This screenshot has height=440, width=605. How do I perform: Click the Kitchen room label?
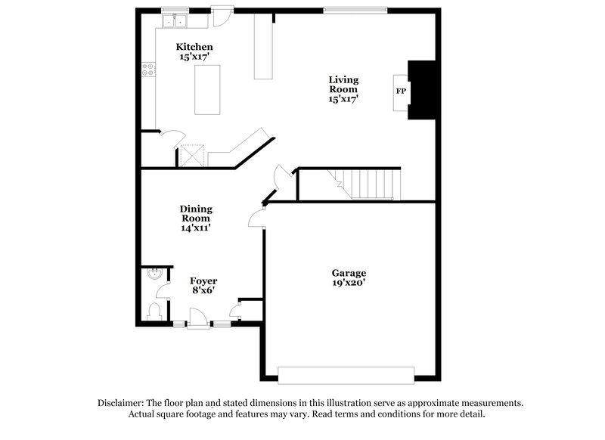194,47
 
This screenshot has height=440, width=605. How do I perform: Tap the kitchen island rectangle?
208,89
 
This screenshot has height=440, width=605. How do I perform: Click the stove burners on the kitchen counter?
148,70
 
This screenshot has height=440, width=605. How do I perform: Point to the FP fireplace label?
401,91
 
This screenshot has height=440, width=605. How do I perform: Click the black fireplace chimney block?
421,89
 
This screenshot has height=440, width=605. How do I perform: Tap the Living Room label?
343,84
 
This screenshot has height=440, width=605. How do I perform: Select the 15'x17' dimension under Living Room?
343,98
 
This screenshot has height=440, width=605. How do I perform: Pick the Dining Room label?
195,213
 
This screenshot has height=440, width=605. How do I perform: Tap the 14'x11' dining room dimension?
195,228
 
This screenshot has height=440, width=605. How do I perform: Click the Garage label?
349,273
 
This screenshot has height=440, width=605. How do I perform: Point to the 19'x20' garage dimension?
349,284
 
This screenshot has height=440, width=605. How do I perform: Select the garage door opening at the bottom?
346,375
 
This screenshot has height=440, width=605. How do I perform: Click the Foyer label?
203,281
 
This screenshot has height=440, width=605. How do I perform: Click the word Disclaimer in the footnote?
122,403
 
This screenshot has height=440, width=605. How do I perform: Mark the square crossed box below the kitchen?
192,156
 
